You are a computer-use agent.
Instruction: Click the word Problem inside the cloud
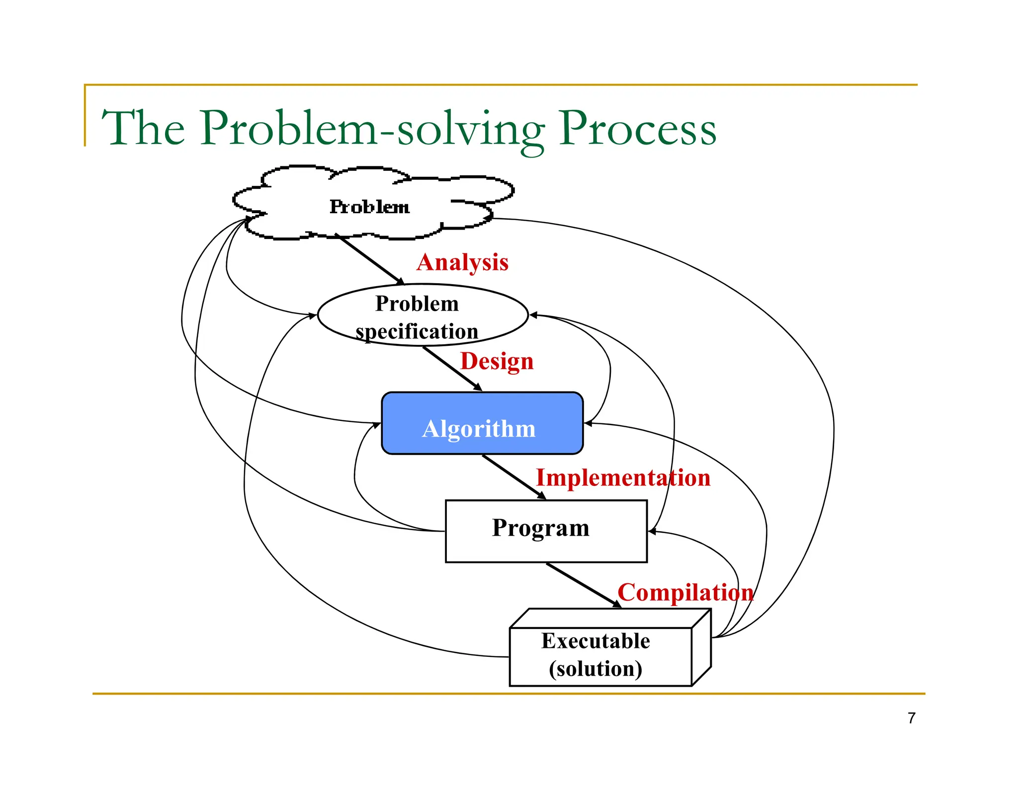[369, 207]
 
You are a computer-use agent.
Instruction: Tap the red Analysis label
[462, 262]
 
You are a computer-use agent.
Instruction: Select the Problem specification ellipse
[423, 315]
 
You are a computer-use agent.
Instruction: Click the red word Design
[497, 361]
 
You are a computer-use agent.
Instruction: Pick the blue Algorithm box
[482, 423]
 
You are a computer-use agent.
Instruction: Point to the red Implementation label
[623, 478]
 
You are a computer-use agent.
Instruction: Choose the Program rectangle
[546, 531]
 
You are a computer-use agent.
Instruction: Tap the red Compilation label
[685, 593]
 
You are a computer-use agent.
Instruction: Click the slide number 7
[911, 718]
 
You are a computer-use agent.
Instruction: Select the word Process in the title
[637, 128]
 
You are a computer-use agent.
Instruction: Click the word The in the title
[143, 128]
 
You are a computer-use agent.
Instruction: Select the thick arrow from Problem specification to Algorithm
[451, 369]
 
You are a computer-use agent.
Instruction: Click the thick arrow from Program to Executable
[583, 585]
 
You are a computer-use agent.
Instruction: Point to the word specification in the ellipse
[417, 332]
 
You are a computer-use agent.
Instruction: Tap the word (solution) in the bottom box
[595, 669]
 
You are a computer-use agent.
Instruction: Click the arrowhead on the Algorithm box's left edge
[377, 424]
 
